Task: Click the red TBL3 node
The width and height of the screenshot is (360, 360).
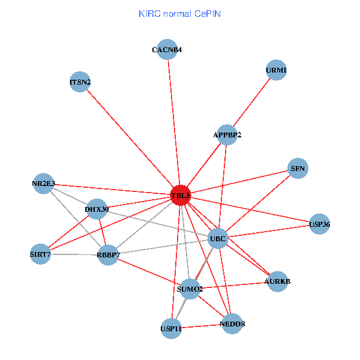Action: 181,196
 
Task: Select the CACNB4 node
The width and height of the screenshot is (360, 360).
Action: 167,50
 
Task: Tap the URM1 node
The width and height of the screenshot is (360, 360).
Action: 275,70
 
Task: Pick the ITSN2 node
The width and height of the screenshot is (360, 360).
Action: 80,82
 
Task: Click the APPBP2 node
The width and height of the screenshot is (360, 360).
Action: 227,135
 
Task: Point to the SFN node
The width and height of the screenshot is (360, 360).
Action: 298,169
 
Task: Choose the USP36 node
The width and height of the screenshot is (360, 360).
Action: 320,224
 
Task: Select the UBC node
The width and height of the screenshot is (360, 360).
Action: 218,239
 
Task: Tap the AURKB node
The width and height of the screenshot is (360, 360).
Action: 277,281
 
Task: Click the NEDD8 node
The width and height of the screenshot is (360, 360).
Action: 232,324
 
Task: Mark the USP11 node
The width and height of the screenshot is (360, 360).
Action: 171,328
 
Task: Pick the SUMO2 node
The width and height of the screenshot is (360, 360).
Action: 190,289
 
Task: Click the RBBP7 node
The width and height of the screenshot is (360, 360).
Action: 109,256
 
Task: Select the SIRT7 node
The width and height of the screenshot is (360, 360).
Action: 41,254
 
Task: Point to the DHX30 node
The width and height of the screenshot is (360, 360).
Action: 97,209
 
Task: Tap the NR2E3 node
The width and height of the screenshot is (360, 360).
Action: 44,183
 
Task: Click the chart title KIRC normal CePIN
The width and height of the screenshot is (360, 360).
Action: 179,13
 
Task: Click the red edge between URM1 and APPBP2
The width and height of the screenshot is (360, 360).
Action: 251,103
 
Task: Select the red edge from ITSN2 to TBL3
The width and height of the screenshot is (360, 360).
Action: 130,139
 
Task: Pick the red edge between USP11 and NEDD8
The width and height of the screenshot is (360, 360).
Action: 202,326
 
